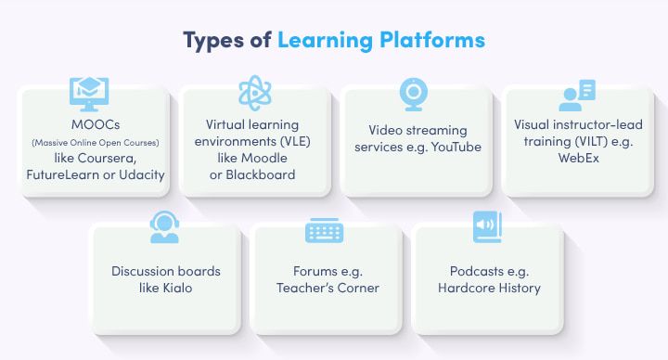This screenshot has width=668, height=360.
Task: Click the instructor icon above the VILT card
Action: [x=576, y=95]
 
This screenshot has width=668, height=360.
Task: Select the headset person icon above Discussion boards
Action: [x=163, y=225]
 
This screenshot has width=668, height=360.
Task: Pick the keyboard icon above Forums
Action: [x=325, y=229]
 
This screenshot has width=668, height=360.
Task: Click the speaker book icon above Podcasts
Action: [x=487, y=227]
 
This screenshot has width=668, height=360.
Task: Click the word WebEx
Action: [x=579, y=158]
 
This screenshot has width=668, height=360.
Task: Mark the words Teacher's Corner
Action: [x=328, y=288]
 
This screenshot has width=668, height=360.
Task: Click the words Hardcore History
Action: [x=489, y=288]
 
